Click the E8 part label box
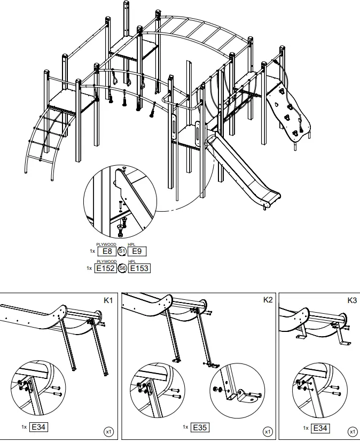point(107,251)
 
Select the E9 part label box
point(137,251)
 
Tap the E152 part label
point(105,268)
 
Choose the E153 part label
point(139,268)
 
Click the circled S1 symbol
point(122,251)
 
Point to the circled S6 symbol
point(122,268)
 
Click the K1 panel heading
point(108,300)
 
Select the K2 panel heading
point(268,300)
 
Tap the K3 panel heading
point(352,300)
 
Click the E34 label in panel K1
point(39,427)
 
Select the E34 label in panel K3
point(320,427)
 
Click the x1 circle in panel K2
point(268,431)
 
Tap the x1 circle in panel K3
point(353,431)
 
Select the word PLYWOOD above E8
point(106,244)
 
